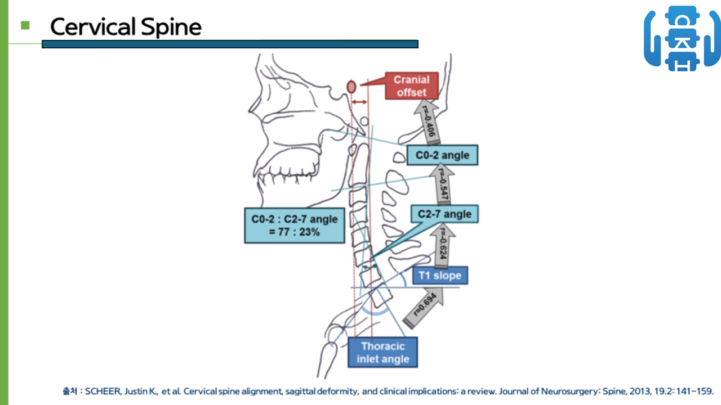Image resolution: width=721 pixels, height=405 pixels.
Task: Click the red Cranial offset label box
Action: tap(411, 86)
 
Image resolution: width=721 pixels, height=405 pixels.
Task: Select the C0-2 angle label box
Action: tap(442, 155)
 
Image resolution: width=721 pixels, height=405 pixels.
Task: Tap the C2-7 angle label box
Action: tap(445, 214)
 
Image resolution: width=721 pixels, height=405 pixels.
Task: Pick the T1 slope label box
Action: tap(440, 276)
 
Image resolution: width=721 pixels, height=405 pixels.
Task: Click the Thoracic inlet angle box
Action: tap(383, 352)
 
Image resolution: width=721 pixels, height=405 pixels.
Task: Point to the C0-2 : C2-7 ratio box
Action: tap(294, 226)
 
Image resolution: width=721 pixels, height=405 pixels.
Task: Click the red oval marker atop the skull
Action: tap(351, 87)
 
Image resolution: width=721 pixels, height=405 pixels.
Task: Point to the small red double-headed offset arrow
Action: tap(359, 102)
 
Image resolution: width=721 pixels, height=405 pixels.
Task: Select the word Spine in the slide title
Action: tap(172, 26)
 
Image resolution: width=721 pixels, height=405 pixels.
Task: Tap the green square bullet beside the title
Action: tap(25, 25)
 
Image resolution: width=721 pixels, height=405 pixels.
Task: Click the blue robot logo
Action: tap(682, 38)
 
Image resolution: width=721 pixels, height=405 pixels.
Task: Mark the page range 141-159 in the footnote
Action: tap(695, 391)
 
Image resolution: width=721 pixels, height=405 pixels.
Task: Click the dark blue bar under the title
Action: tap(230, 44)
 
